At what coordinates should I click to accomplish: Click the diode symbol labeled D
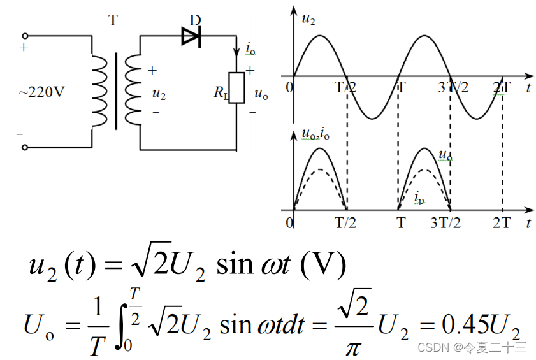[x=191, y=37]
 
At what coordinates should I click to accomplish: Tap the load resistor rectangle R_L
[x=236, y=88]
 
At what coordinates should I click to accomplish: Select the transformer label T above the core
[x=113, y=20]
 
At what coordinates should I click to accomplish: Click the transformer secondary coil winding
[x=133, y=89]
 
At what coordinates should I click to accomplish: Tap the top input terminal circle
[x=25, y=37]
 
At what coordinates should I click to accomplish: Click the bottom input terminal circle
[x=25, y=147]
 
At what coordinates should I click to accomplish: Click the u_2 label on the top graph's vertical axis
[x=308, y=20]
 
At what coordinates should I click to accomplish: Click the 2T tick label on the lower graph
[x=502, y=223]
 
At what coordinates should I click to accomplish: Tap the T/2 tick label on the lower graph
[x=346, y=223]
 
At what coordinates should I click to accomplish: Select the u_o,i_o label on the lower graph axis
[x=315, y=134]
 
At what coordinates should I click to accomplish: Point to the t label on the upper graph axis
[x=528, y=88]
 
